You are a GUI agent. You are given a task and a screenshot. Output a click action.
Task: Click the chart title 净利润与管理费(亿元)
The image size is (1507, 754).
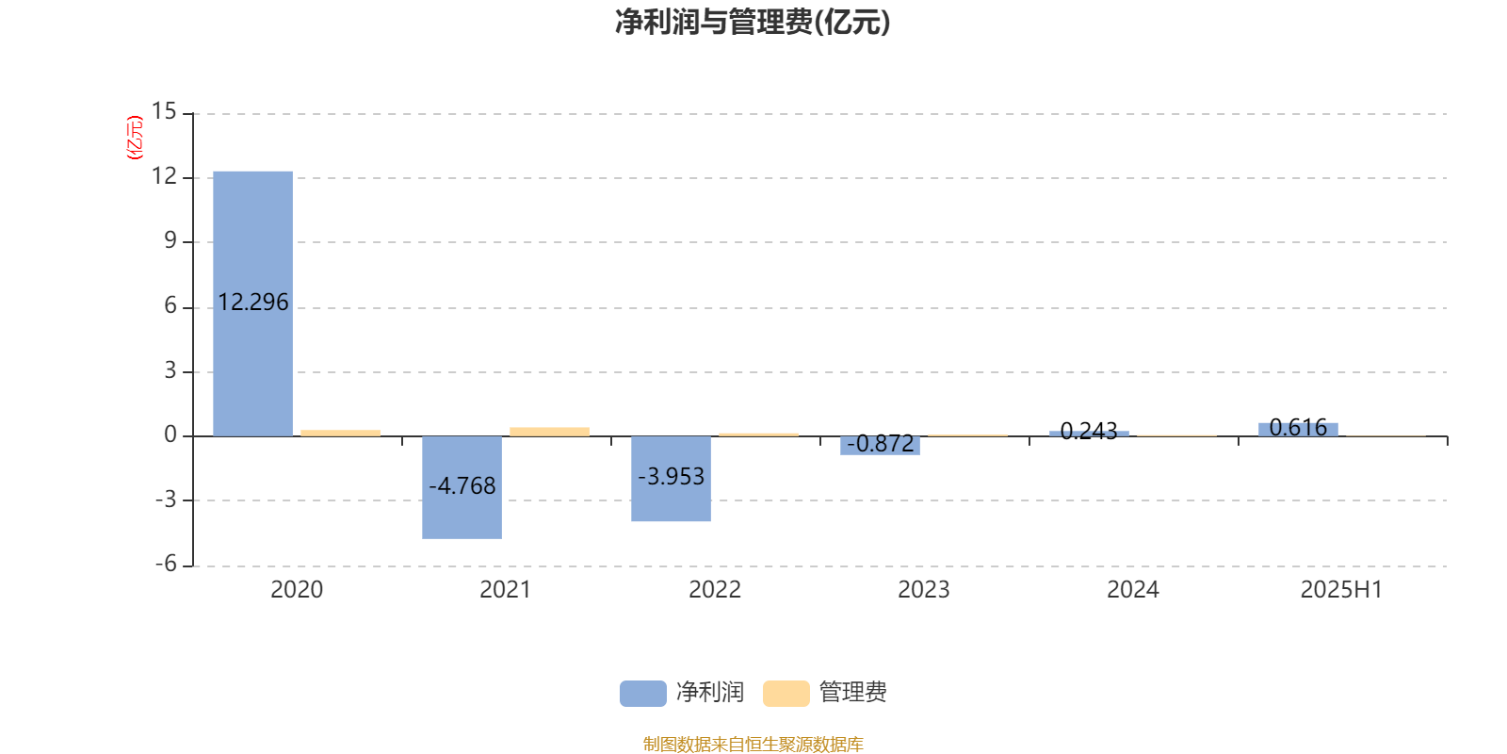point(753,23)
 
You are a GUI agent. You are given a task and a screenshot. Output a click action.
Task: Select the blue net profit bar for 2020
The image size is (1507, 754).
point(253,303)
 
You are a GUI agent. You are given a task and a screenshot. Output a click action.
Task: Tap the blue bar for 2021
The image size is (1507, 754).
point(462,487)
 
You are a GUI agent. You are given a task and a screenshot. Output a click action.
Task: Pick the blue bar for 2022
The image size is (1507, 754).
point(671,479)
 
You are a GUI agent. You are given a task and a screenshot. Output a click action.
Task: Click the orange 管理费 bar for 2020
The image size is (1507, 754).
point(340,433)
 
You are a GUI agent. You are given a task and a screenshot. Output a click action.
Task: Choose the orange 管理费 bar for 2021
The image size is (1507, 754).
point(550,432)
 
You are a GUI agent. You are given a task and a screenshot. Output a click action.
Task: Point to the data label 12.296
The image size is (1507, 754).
point(253,303)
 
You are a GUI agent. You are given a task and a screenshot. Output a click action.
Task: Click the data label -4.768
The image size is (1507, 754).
point(462,485)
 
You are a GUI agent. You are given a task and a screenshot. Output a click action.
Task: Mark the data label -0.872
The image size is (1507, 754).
point(880,444)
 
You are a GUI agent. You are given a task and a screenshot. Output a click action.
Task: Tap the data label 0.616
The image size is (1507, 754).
point(1298,428)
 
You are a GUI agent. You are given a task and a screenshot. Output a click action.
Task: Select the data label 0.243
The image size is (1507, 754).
point(1089,431)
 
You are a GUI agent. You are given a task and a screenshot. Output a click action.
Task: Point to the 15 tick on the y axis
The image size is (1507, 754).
point(164,111)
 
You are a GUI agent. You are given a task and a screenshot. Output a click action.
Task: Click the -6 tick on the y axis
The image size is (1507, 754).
point(166,565)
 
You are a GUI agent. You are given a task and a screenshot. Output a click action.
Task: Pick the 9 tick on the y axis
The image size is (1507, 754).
point(170,240)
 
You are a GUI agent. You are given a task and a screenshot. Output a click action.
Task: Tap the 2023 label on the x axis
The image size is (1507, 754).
point(924,590)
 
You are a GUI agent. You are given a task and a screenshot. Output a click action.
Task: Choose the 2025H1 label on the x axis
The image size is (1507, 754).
point(1341,590)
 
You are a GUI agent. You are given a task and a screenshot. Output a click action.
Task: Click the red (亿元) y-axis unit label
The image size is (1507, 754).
point(136,138)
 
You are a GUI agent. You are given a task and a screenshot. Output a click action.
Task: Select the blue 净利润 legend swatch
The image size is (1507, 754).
point(643,694)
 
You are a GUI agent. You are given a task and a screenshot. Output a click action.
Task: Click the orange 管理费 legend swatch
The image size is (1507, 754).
point(786,694)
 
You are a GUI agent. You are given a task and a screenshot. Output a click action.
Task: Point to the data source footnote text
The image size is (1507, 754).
point(753,744)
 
